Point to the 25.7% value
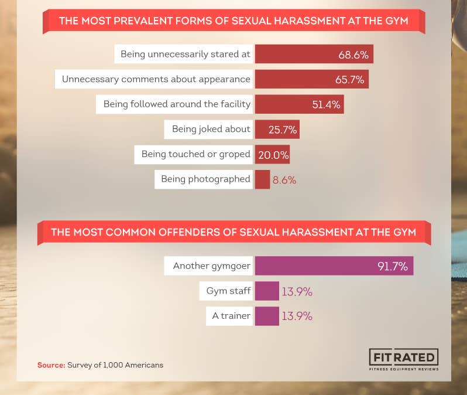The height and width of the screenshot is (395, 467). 283,130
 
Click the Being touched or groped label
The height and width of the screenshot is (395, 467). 195,155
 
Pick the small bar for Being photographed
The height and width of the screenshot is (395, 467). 262,179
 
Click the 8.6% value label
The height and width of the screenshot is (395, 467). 284,180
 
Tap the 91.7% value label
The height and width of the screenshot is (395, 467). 392,267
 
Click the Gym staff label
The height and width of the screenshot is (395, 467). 228,291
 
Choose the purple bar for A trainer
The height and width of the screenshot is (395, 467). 267,316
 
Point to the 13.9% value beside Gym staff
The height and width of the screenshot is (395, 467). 297,291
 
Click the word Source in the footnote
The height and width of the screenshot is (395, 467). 50,365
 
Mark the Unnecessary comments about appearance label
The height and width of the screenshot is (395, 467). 156,79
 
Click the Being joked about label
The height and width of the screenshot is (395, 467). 211,129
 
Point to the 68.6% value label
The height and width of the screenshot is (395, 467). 353,55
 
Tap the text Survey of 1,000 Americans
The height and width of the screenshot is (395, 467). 115,365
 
